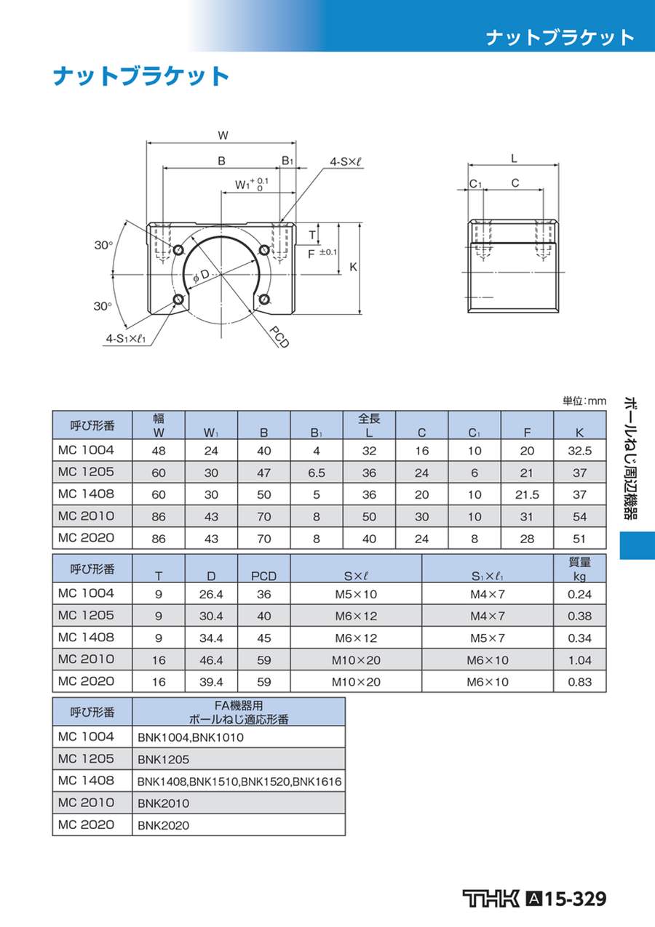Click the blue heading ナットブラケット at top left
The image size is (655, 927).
pyautogui.click(x=140, y=76)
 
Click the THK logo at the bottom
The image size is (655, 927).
pyautogui.click(x=491, y=899)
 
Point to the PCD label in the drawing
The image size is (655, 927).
pyautogui.click(x=279, y=337)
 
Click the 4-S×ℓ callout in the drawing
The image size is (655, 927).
pyautogui.click(x=345, y=162)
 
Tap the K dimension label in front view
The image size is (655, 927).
pyautogui.click(x=353, y=267)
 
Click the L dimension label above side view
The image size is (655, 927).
pyautogui.click(x=514, y=158)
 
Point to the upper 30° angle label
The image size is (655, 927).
pyautogui.click(x=103, y=246)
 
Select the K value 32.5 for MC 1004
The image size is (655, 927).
pyautogui.click(x=579, y=451)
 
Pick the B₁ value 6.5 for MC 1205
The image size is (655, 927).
pyautogui.click(x=316, y=473)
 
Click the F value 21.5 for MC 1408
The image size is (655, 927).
pyautogui.click(x=527, y=494)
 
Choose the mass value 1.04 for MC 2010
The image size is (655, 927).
pyautogui.click(x=579, y=660)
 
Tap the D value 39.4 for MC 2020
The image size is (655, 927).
pyautogui.click(x=211, y=682)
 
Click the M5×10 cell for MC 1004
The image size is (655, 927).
pyautogui.click(x=356, y=595)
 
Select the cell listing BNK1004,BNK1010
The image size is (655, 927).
pyautogui.click(x=191, y=737)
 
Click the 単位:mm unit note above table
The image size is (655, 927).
pyautogui.click(x=584, y=401)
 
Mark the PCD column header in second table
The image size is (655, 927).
pyautogui.click(x=263, y=576)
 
